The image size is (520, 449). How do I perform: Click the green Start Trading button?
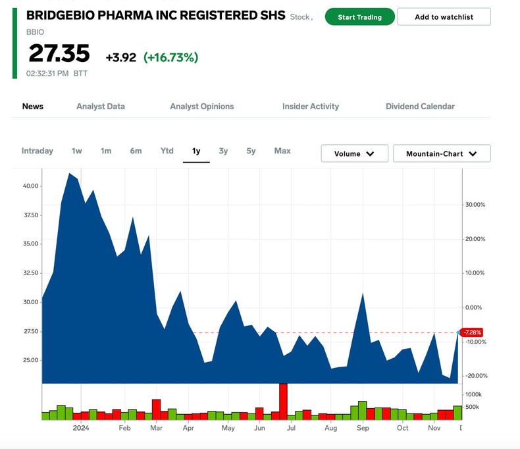coord(359,17)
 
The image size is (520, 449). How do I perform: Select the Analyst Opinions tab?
coord(201,106)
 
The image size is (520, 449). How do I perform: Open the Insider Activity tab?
coord(310,106)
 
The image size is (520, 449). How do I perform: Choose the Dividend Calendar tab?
coord(420,106)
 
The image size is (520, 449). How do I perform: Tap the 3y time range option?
coord(223,151)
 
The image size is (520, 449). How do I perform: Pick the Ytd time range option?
coord(167,151)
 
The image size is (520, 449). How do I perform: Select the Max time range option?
coord(282,151)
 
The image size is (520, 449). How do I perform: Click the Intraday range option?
coord(37,151)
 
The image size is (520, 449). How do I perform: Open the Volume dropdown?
coord(354,153)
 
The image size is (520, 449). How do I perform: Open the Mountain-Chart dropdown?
coord(441,153)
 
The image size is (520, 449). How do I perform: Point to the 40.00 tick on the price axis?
coord(30,186)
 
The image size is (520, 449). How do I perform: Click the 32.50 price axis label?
coord(30,273)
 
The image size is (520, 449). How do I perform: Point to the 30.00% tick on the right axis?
coord(475,205)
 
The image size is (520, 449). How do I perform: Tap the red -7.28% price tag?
coord(472,332)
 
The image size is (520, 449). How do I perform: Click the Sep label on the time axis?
coord(363,428)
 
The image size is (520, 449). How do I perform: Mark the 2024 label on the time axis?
coord(81,428)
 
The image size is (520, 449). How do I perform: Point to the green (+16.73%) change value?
coord(170,57)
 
